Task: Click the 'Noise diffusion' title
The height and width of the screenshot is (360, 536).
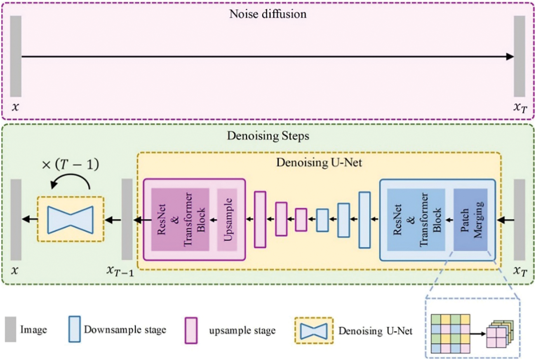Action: coord(268,14)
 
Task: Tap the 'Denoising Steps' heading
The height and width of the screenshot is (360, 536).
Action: coord(268,136)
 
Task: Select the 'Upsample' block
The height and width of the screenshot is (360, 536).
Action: coord(227,220)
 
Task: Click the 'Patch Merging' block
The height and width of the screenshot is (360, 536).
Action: coord(470,220)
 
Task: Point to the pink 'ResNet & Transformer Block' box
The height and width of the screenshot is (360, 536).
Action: coord(181,220)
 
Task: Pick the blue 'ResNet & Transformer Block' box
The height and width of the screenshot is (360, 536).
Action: coord(416,220)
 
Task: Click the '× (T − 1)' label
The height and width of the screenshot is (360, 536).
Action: coord(70,165)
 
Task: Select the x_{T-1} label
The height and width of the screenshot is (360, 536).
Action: coord(120,271)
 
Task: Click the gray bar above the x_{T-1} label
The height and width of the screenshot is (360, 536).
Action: coord(127,219)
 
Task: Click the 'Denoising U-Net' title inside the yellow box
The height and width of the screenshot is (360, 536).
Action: coord(319,162)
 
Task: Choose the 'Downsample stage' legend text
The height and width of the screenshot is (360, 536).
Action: coord(125,330)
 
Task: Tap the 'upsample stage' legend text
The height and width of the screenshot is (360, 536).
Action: coord(242,331)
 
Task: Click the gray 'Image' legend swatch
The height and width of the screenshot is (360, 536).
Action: coord(11,329)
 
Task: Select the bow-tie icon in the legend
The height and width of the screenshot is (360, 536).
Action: coord(314,331)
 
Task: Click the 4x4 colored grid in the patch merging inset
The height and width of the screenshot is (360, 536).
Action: coord(451,334)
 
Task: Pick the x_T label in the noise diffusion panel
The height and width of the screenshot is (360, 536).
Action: coord(520,108)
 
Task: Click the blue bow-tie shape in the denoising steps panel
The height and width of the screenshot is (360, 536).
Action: coord(71,219)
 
